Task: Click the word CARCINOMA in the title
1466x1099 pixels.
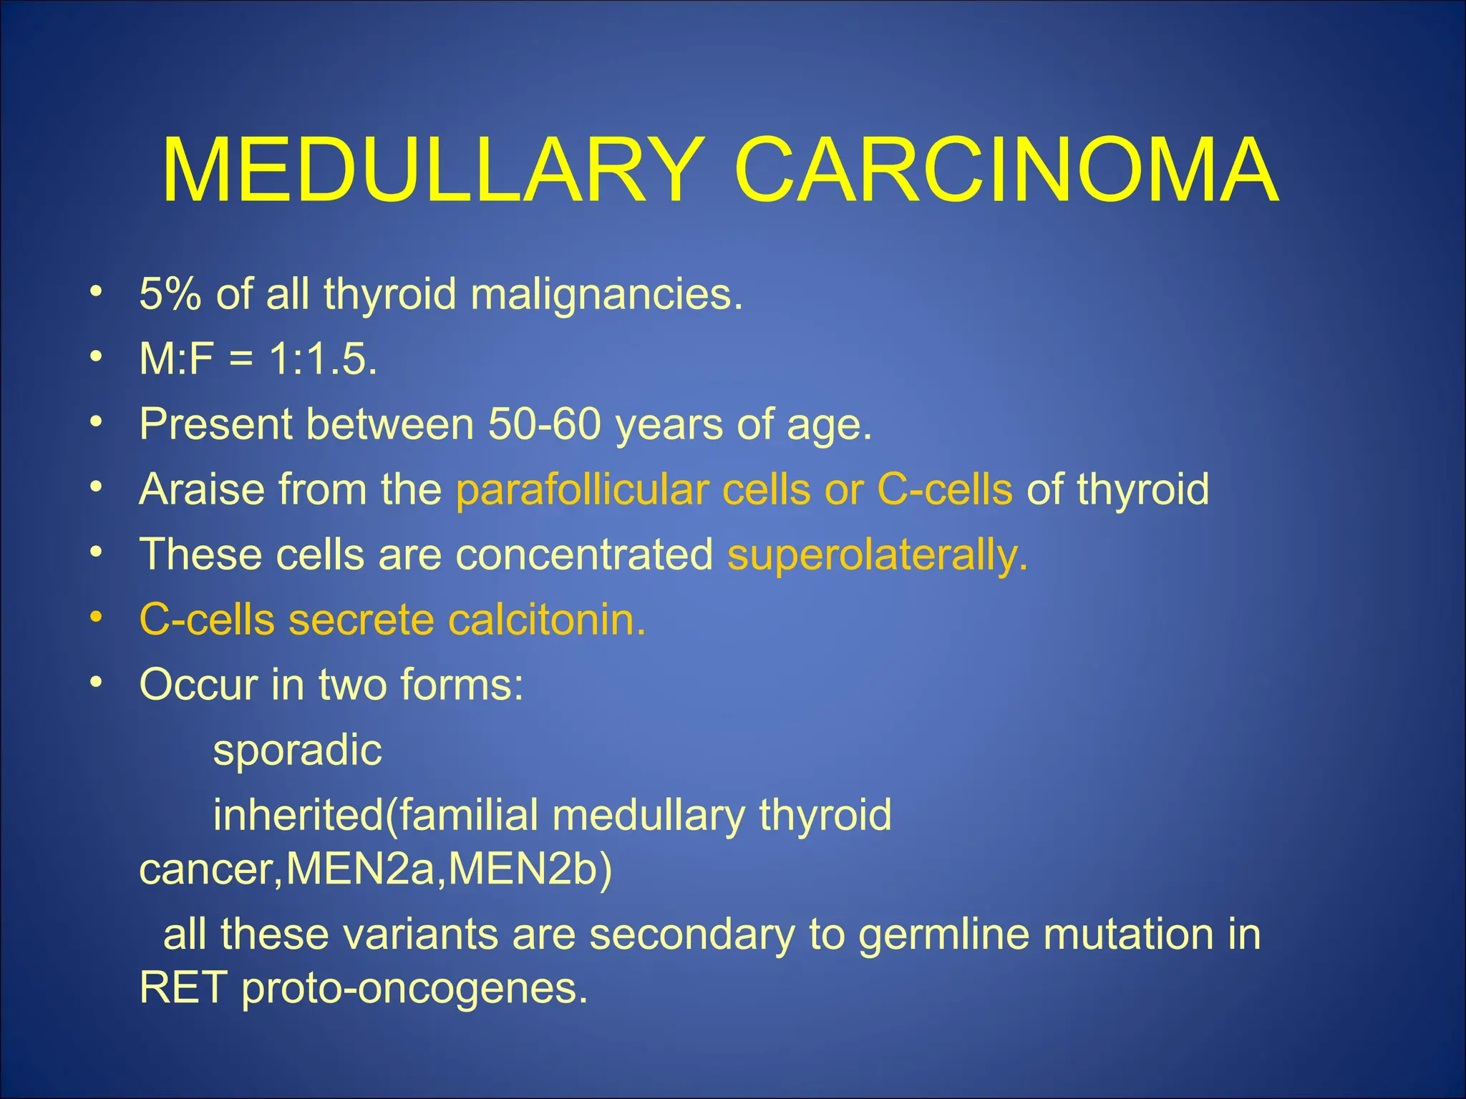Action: (1006, 172)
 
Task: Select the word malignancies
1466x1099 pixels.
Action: (606, 295)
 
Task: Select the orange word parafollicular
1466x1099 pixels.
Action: (582, 490)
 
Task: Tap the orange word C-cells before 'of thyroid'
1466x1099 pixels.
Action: (945, 489)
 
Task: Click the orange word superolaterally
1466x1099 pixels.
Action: (877, 555)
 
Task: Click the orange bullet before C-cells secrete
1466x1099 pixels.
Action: (97, 617)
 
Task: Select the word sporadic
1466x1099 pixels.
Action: (298, 751)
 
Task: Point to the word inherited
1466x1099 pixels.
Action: (298, 815)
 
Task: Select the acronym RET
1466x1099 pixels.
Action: (183, 988)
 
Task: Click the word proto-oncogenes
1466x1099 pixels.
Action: (414, 990)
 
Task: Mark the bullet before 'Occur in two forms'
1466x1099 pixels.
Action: (97, 682)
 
